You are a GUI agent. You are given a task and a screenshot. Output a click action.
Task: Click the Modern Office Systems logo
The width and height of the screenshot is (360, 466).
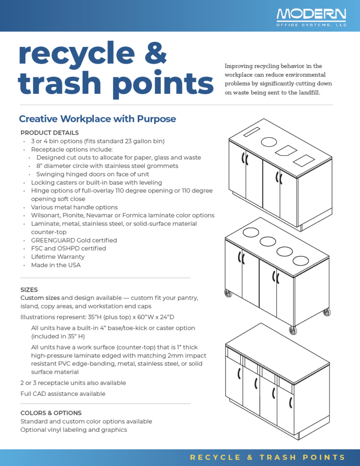click(311, 17)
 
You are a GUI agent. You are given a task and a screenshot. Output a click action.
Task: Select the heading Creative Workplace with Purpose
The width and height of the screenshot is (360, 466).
click(97, 119)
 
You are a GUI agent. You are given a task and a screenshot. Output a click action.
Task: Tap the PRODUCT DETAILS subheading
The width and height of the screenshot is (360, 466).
click(50, 133)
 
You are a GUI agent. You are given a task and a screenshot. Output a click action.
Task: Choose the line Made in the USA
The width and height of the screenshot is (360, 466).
click(56, 265)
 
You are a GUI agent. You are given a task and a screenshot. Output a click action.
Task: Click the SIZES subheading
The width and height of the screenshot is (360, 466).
click(29, 289)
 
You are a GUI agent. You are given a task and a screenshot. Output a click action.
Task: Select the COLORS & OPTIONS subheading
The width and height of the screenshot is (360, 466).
click(51, 413)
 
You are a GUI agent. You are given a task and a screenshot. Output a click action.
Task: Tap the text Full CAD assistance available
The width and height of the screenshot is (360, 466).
click(63, 394)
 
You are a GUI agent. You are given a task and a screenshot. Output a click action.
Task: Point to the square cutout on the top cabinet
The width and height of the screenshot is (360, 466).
click(304, 160)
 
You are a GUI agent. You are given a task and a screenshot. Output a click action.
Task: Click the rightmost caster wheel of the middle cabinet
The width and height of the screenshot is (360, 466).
click(326, 313)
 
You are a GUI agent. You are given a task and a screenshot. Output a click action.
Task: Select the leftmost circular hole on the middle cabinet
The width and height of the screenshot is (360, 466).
click(251, 232)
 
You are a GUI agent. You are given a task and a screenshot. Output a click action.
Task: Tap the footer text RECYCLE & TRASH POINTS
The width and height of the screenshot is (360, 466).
click(268, 457)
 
